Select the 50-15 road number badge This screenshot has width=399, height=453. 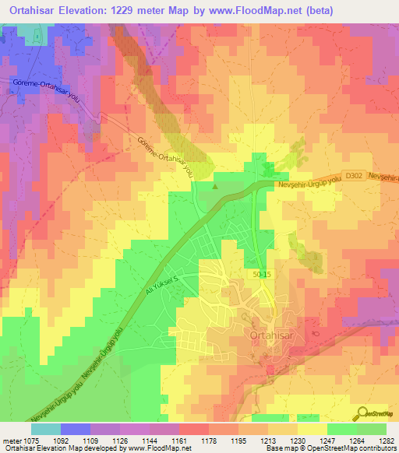(263, 275)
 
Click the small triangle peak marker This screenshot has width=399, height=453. (217, 185)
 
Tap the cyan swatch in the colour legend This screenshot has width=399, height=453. (45, 428)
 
